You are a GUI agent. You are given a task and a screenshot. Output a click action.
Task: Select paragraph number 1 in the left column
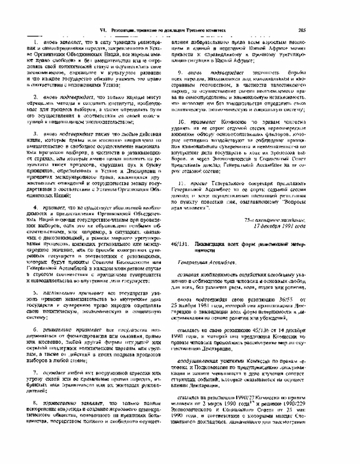(x=35, y=42)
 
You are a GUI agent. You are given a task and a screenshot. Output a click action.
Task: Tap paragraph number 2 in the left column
(x=35, y=97)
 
